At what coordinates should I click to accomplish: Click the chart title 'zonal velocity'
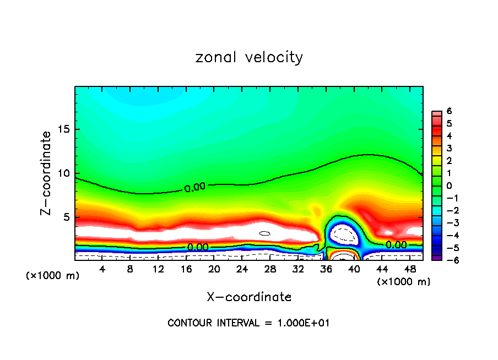tap(249, 57)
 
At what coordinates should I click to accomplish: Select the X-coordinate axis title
tap(249, 297)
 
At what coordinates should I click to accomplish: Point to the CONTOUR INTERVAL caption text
tap(248, 323)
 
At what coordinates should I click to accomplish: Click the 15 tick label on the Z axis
tap(64, 130)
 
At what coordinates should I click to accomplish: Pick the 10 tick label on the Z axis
tap(64, 173)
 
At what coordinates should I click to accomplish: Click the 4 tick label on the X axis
tap(102, 270)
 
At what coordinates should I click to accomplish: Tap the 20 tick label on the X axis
tap(214, 270)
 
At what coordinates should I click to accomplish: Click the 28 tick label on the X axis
tap(270, 270)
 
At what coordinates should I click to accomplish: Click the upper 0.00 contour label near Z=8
tap(194, 188)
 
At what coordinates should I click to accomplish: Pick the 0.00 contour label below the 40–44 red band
tap(396, 244)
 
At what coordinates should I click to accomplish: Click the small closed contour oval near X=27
tap(265, 233)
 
